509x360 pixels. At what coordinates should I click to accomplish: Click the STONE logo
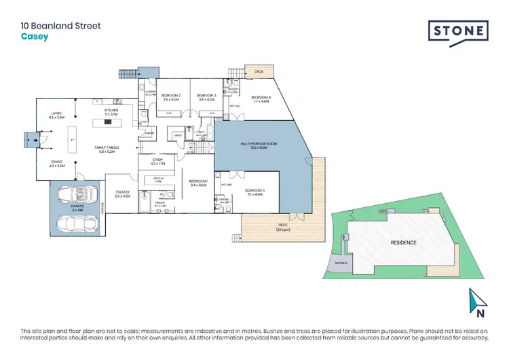pyautogui.click(x=457, y=32)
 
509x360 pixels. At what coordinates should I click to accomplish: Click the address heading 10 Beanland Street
pyautogui.click(x=60, y=26)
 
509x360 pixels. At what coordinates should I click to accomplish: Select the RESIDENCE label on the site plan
pyautogui.click(x=402, y=242)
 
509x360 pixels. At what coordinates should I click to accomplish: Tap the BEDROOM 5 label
pyautogui.click(x=254, y=191)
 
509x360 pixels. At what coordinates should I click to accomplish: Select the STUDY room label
pyautogui.click(x=158, y=160)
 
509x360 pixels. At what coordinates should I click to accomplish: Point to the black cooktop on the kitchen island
pyautogui.click(x=107, y=123)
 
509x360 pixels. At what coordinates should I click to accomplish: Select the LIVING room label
pyautogui.click(x=56, y=115)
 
